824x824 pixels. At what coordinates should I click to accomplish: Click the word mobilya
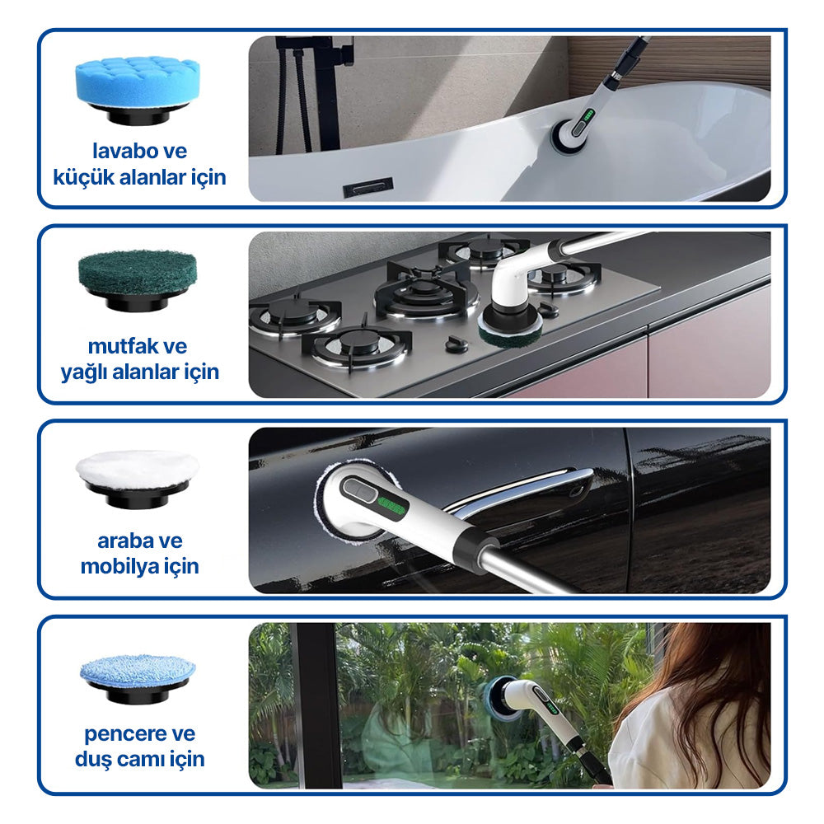coord(117,567)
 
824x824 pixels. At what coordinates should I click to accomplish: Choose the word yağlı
coord(83,372)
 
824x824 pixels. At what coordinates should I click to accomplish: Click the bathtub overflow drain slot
coord(368,187)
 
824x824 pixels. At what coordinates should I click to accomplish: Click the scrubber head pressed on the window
coord(504,698)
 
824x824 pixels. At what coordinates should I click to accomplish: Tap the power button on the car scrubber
coord(359,491)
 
